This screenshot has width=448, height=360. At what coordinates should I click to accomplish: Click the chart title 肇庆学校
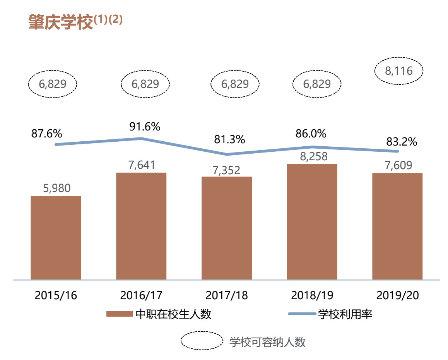(x=61, y=22)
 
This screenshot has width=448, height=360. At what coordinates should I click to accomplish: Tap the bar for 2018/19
(x=312, y=221)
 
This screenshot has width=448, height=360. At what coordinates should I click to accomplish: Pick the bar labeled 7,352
(x=227, y=228)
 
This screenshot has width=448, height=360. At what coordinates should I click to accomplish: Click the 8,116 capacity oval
(x=399, y=71)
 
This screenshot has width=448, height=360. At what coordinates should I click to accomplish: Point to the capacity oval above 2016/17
(x=145, y=84)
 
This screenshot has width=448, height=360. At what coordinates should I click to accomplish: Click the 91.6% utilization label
(x=145, y=127)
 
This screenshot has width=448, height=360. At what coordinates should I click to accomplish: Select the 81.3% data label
(x=230, y=139)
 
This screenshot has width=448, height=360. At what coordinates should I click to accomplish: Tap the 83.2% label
(x=402, y=142)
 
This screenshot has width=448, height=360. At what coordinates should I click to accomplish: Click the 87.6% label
(x=46, y=134)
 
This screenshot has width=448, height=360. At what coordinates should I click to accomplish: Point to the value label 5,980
(x=56, y=189)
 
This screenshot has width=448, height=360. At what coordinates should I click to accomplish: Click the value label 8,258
(x=312, y=156)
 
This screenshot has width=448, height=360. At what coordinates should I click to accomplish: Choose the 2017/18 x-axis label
(x=227, y=295)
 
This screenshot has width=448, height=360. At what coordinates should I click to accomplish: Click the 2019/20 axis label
(x=397, y=295)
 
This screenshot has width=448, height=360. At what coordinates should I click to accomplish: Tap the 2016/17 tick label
(x=141, y=295)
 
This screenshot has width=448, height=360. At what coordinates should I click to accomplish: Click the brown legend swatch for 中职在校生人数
(x=119, y=314)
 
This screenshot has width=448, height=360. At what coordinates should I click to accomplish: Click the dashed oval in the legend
(x=202, y=341)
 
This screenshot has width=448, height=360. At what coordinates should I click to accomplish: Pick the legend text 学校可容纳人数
(x=267, y=342)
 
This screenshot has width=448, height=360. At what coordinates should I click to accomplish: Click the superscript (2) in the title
(x=115, y=20)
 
